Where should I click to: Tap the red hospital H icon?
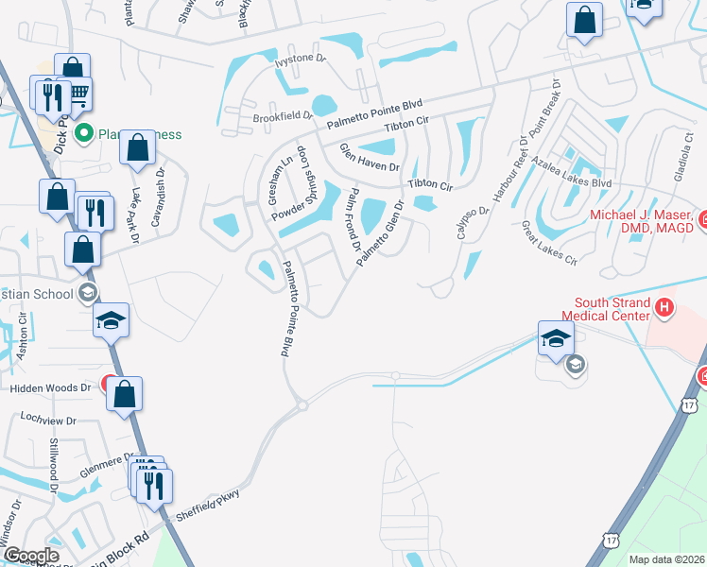664,306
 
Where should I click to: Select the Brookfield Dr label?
283,116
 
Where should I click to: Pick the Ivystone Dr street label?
300,61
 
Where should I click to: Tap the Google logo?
31,556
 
